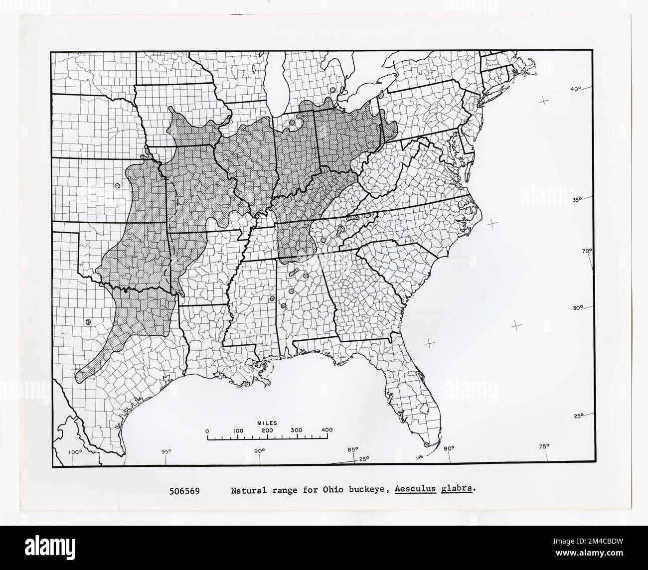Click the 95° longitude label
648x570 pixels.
click(165, 452)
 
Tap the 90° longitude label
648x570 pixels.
click(259, 451)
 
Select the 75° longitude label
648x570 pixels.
click(544, 446)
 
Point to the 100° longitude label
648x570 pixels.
click(75, 452)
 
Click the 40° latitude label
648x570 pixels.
click(576, 89)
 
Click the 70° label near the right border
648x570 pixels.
click(587, 251)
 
